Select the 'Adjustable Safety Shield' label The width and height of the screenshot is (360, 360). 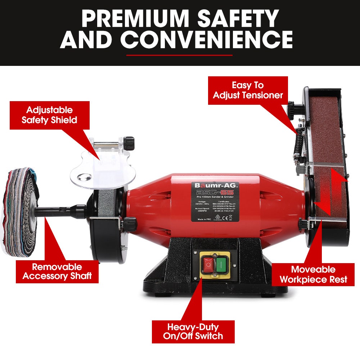(x=49, y=115)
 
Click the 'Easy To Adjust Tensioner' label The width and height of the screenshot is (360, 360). (x=248, y=90)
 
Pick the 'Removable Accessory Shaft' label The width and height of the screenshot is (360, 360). (x=57, y=271)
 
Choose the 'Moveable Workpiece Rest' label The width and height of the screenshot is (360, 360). (x=313, y=274)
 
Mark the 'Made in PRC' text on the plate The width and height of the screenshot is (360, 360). (x=204, y=220)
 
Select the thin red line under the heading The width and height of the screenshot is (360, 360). (x=180, y=55)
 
